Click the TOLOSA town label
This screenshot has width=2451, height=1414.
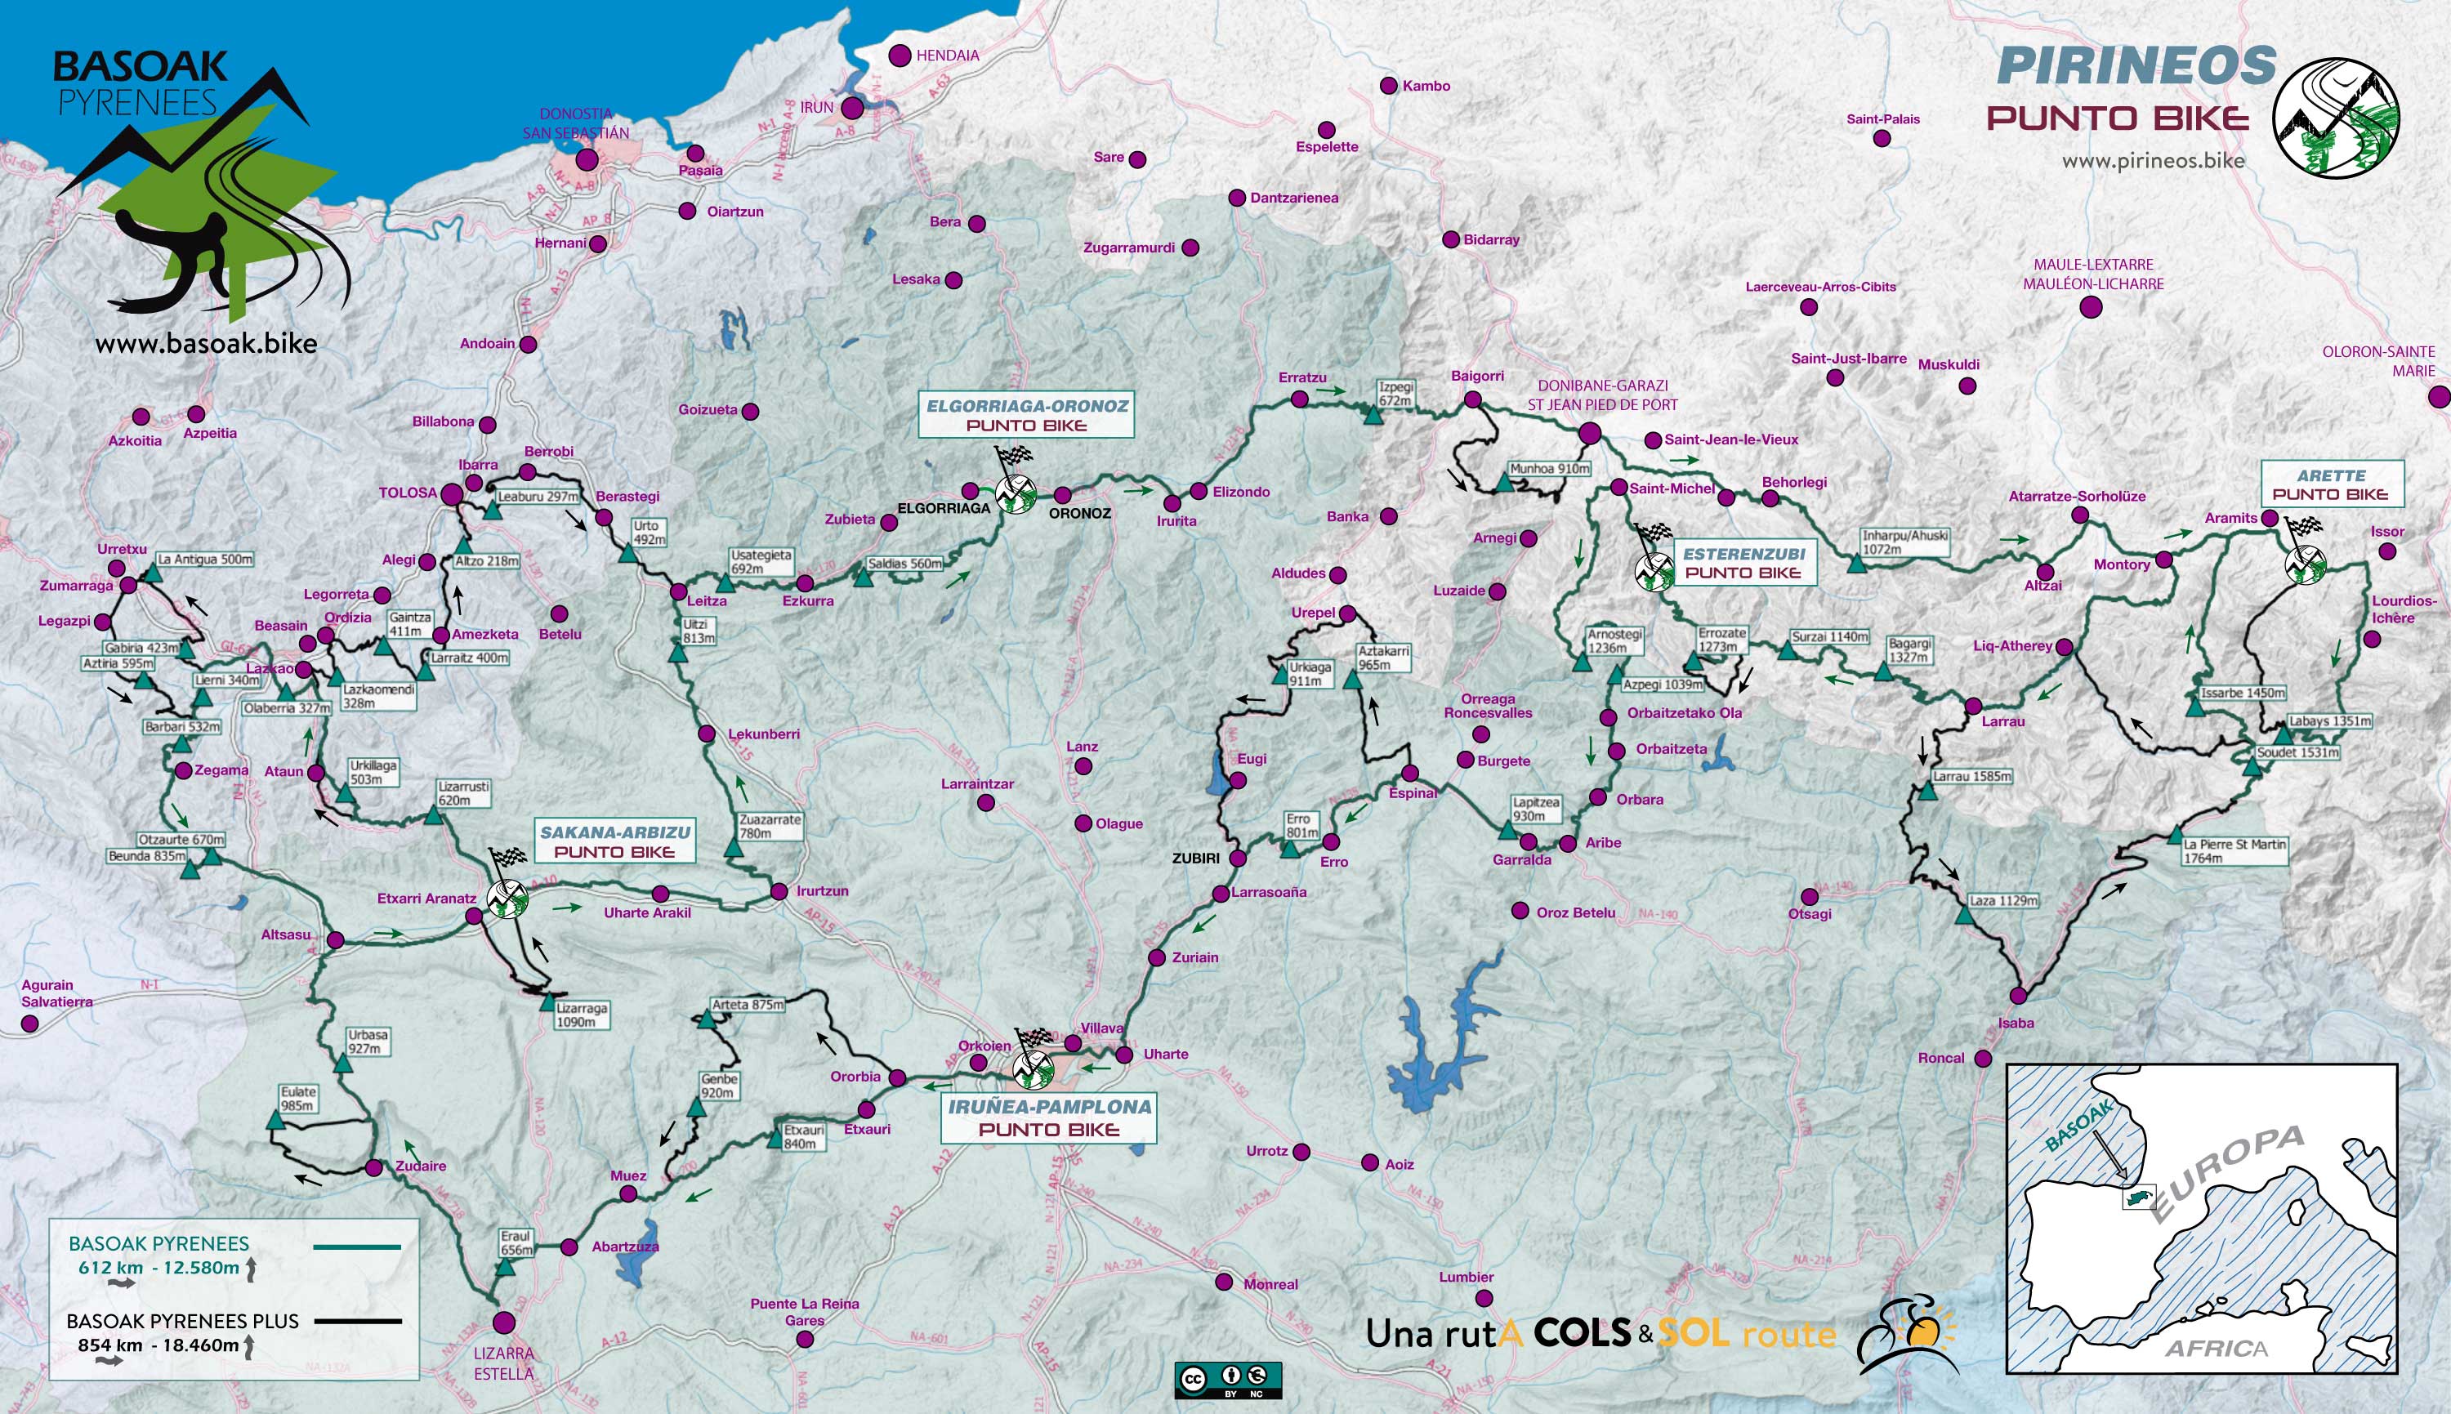tap(408, 493)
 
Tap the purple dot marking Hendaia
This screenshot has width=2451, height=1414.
tap(900, 56)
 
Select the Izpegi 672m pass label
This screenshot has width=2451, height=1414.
tap(1396, 393)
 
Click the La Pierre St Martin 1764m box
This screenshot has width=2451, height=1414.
tap(2234, 850)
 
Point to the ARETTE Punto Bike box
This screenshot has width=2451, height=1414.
tap(2331, 484)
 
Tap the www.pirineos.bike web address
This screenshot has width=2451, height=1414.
tap(2153, 160)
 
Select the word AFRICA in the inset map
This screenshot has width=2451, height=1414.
tap(2216, 1348)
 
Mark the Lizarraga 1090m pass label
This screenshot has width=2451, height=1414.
tap(582, 1015)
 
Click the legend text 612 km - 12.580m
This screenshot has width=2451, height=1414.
tap(158, 1267)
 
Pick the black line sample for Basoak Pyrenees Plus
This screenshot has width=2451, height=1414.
tap(357, 1321)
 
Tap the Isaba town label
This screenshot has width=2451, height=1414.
tap(2016, 1023)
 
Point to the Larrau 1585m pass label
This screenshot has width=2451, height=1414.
tap(1971, 776)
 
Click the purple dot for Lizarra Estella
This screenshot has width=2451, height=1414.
tap(504, 1323)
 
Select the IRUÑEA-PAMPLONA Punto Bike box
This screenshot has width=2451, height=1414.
tap(1049, 1117)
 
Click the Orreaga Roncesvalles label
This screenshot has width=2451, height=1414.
tap(1488, 705)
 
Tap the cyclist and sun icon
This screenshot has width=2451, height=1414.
tap(1906, 1336)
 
